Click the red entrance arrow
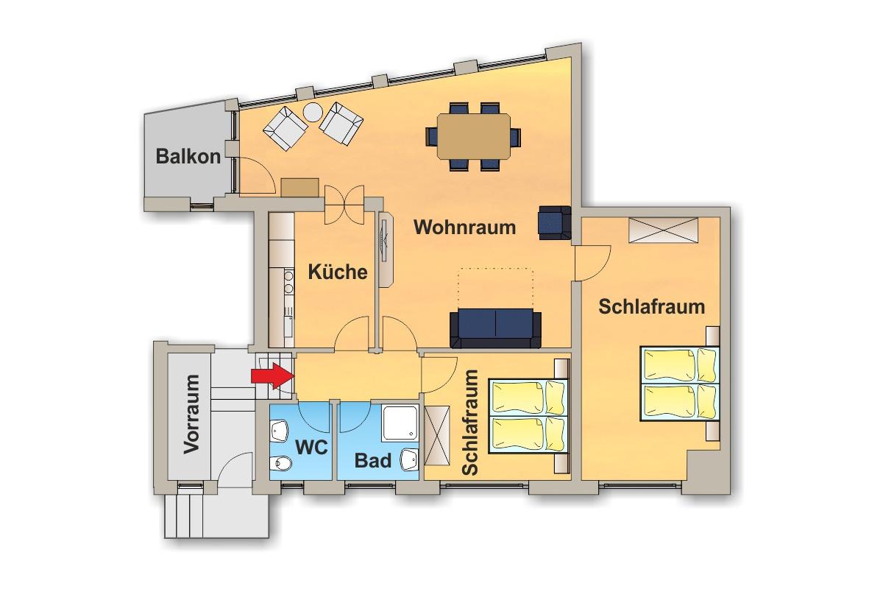pyautogui.click(x=273, y=376)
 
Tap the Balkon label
pyautogui.click(x=188, y=157)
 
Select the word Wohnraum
pyautogui.click(x=465, y=228)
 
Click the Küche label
pyautogui.click(x=338, y=272)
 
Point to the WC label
pyautogui.click(x=311, y=448)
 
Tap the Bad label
pyautogui.click(x=373, y=461)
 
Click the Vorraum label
pyautogui.click(x=192, y=414)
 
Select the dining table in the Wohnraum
pyautogui.click(x=473, y=136)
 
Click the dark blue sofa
pyautogui.click(x=495, y=328)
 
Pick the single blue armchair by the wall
pyautogui.click(x=555, y=223)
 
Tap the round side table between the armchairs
pyautogui.click(x=313, y=113)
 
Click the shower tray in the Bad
pyautogui.click(x=400, y=422)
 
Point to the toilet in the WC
pyautogui.click(x=280, y=463)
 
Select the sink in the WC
pyautogui.click(x=279, y=431)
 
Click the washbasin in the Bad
pyautogui.click(x=410, y=459)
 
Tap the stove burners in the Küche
pyautogui.click(x=289, y=282)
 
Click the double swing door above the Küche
pyautogui.click(x=344, y=205)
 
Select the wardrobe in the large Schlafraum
pyautogui.click(x=664, y=230)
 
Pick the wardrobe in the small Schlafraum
pyautogui.click(x=437, y=436)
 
